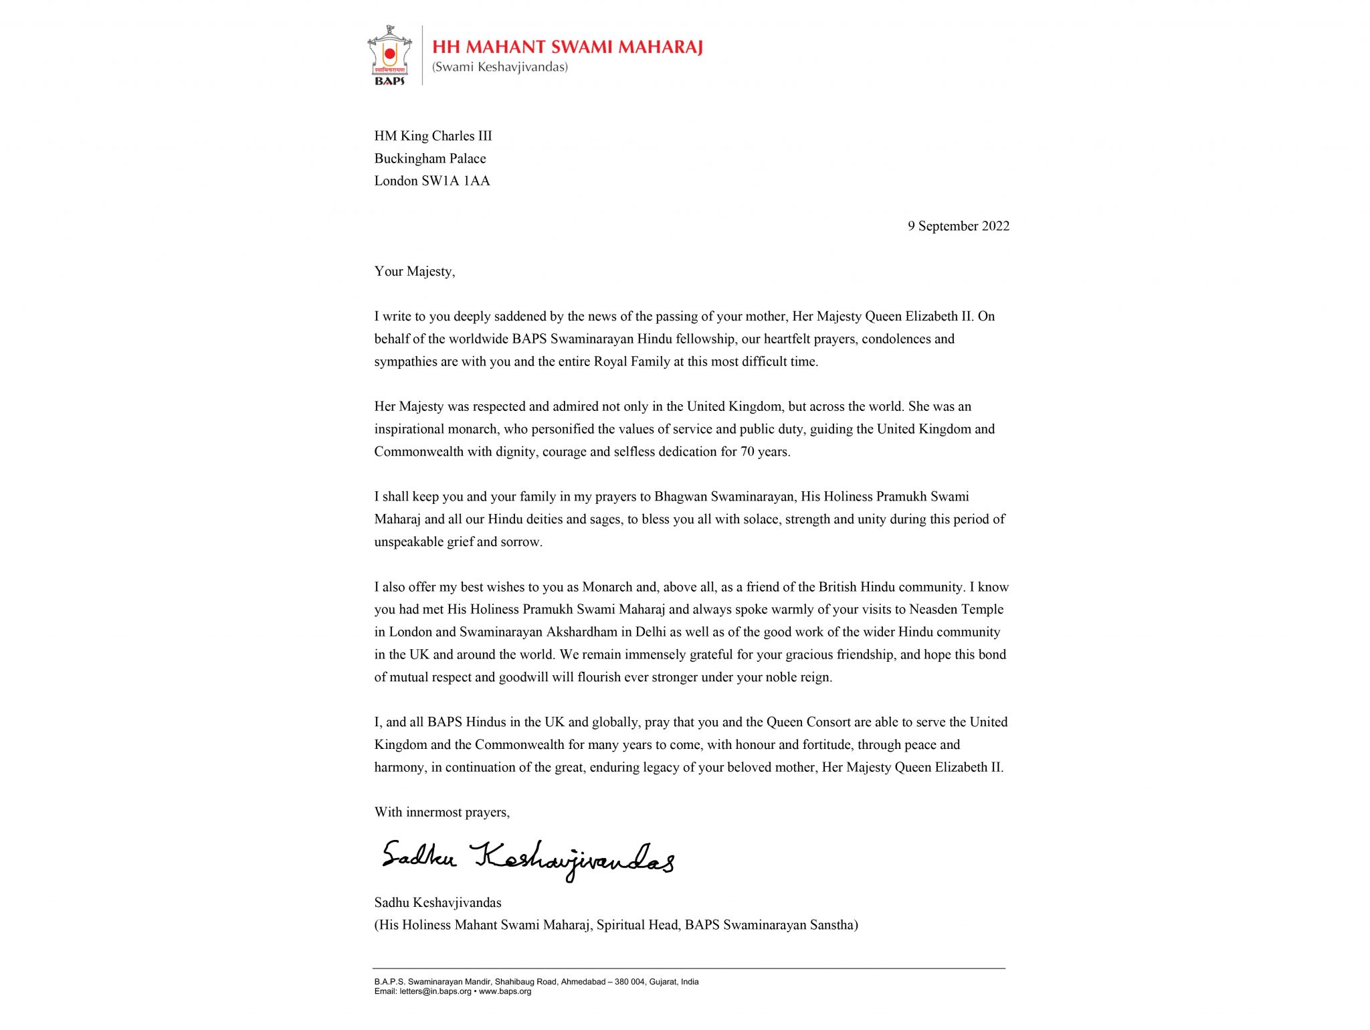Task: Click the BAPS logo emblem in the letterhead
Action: pos(389,56)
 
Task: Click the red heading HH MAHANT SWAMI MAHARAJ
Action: pos(567,47)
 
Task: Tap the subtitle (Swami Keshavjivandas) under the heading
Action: pos(500,67)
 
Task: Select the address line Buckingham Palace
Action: pos(430,159)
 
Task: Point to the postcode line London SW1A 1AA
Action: pos(432,181)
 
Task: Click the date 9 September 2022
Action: pos(958,226)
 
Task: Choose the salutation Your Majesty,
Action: pos(415,271)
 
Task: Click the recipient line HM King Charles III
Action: pos(433,136)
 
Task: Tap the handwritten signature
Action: pos(528,860)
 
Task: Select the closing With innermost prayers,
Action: pos(442,812)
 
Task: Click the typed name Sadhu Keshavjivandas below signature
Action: pos(437,903)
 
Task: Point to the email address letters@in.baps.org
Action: pos(435,991)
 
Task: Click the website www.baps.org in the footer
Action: pos(505,991)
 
